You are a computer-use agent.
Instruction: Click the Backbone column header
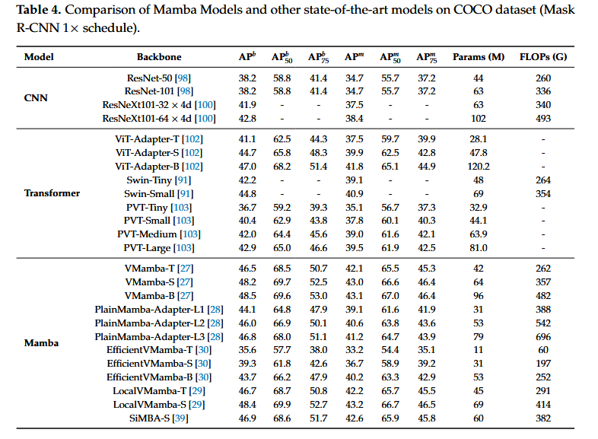point(159,57)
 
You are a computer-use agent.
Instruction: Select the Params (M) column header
point(479,57)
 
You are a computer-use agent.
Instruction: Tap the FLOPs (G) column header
point(543,57)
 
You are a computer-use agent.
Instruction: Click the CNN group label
point(36,98)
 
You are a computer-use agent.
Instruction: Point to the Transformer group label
point(52,193)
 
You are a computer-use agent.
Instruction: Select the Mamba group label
point(41,343)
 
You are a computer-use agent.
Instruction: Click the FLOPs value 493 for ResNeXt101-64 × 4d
point(543,119)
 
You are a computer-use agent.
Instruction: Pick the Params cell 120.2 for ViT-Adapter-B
point(479,167)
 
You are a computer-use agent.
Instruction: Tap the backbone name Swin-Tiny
point(149,180)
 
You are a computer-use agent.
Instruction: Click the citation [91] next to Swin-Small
point(186,194)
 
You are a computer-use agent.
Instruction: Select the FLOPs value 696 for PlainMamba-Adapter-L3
point(543,337)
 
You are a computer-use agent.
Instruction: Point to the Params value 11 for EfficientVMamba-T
point(479,350)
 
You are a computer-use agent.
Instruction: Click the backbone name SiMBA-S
point(149,418)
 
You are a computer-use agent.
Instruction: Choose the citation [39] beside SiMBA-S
point(180,418)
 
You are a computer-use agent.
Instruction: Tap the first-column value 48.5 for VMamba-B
point(247,296)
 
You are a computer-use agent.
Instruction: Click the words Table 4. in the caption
point(39,10)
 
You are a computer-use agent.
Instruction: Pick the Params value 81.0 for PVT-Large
point(479,248)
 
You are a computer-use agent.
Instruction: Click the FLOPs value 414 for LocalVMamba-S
point(543,405)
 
